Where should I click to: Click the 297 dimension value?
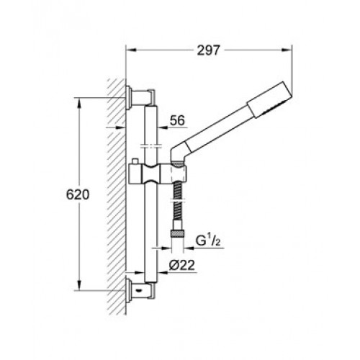[x=208, y=50]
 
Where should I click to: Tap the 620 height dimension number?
[x=78, y=194]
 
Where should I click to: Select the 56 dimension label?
[x=177, y=120]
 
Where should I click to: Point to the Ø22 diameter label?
[x=181, y=266]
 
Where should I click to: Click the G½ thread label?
[x=208, y=240]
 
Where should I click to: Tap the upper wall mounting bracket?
[x=140, y=98]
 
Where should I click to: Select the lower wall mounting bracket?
[x=140, y=291]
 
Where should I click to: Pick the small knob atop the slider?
[x=136, y=161]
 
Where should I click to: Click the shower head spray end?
[x=270, y=100]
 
